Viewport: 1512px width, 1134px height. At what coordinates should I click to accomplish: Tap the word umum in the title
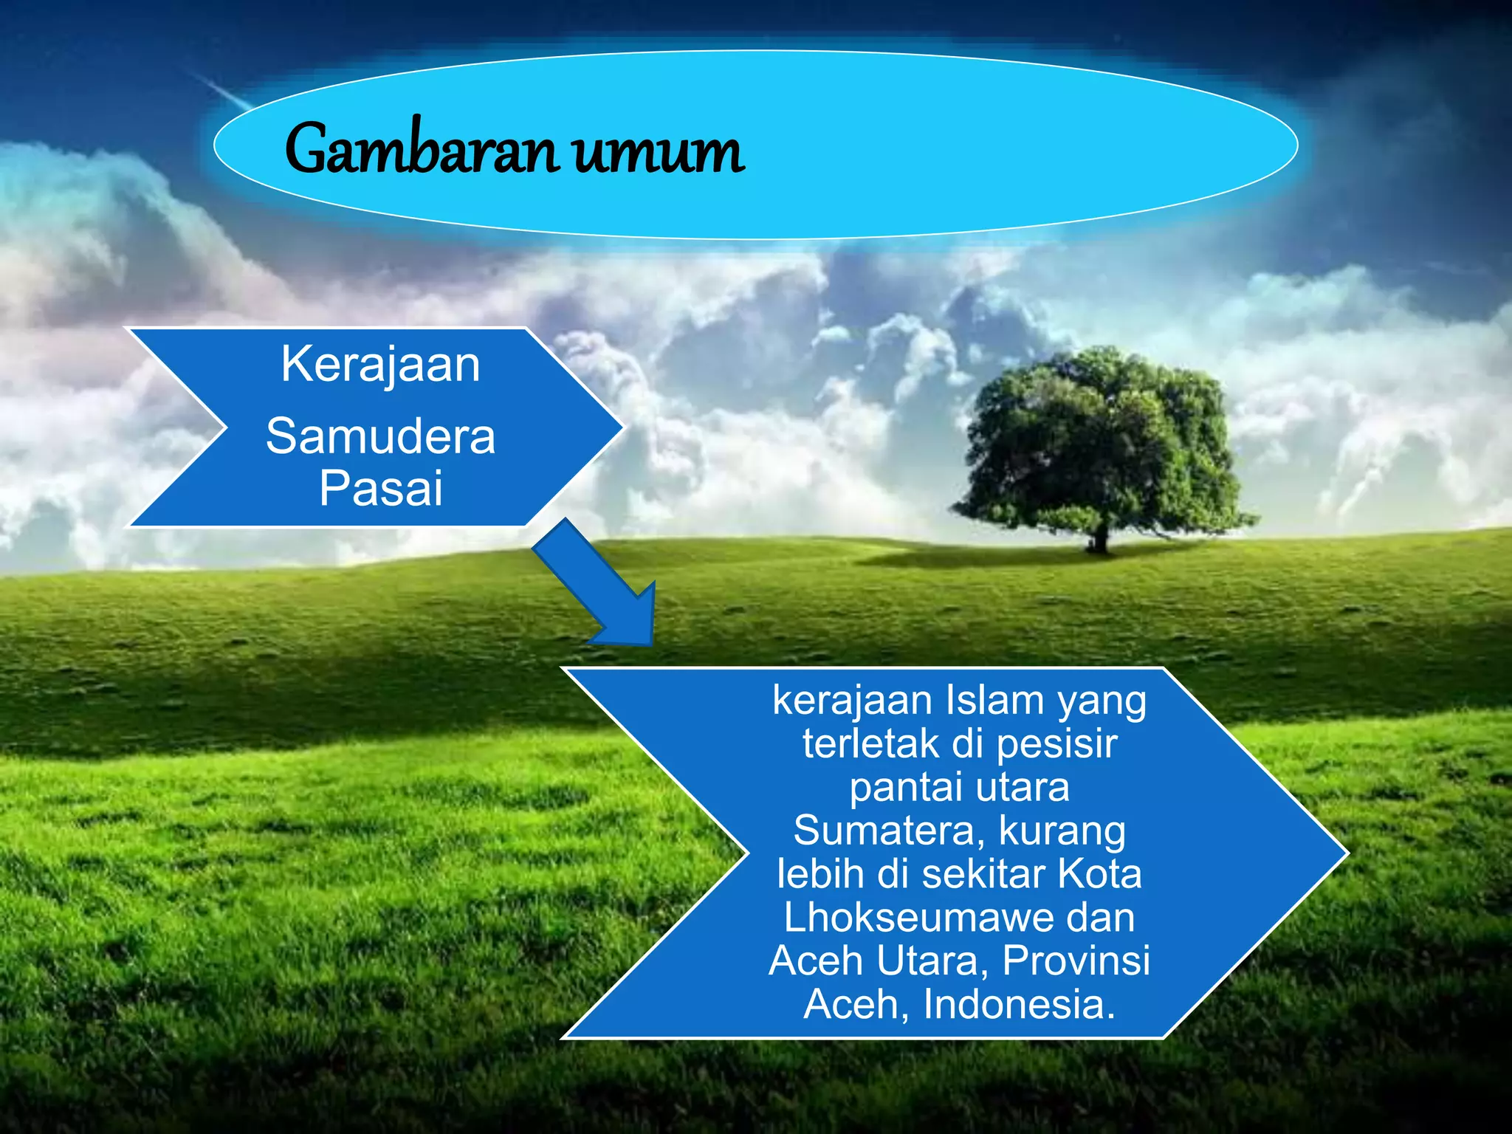click(x=659, y=154)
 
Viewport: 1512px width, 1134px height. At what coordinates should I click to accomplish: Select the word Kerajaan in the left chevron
click(x=380, y=365)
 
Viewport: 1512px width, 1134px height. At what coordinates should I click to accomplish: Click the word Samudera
click(x=380, y=436)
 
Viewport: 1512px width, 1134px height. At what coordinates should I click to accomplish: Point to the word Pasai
click(x=380, y=488)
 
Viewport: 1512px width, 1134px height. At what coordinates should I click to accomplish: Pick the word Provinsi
click(x=1076, y=961)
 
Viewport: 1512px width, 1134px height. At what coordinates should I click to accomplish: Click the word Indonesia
click(x=1019, y=1005)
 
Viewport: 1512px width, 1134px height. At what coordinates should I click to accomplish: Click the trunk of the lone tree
click(x=1100, y=538)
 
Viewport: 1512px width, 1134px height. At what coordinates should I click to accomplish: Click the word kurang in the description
click(x=1062, y=832)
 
